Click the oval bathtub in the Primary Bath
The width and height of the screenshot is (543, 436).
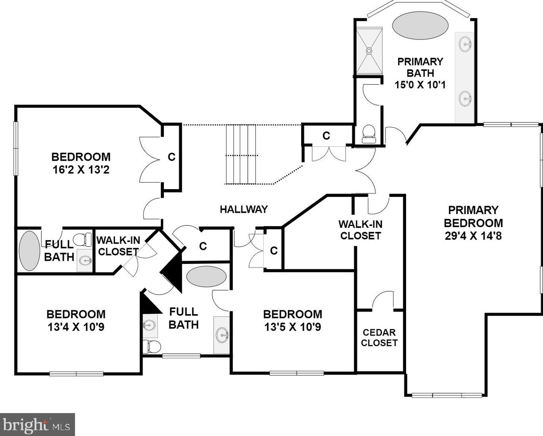pyautogui.click(x=420, y=26)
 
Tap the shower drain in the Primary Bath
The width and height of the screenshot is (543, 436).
pyautogui.click(x=369, y=51)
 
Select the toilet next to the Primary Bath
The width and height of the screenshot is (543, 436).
pyautogui.click(x=368, y=134)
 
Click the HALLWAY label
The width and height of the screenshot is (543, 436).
pyautogui.click(x=243, y=209)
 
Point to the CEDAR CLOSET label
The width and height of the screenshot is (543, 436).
pyautogui.click(x=379, y=337)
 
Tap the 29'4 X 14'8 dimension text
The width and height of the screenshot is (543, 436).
pyautogui.click(x=473, y=236)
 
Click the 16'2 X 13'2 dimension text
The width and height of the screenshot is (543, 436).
pyautogui.click(x=81, y=170)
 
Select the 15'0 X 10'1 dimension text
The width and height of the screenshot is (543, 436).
pyautogui.click(x=420, y=85)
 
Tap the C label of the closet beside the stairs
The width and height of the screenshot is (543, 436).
pyautogui.click(x=326, y=136)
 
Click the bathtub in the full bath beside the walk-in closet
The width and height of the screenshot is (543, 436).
pyautogui.click(x=30, y=251)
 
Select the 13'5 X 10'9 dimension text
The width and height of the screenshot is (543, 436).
pyautogui.click(x=293, y=327)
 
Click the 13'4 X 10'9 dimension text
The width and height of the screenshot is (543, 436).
pyautogui.click(x=76, y=327)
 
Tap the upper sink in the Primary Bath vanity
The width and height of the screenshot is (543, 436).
pyautogui.click(x=465, y=44)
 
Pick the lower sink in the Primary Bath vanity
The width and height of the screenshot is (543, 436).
pyautogui.click(x=465, y=99)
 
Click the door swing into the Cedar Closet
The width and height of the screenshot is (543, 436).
pyautogui.click(x=383, y=299)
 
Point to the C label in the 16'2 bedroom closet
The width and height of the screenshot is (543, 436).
pyautogui.click(x=172, y=157)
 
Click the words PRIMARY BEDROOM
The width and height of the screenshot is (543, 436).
pyautogui.click(x=473, y=216)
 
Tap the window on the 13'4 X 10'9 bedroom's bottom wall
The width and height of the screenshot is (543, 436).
pyautogui.click(x=76, y=373)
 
